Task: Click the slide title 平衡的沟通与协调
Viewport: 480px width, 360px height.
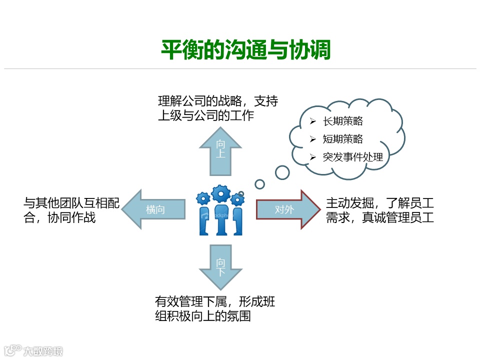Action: [245, 50]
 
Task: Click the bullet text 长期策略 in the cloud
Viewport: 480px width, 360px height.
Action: [343, 121]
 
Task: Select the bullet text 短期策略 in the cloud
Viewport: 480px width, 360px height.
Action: [343, 139]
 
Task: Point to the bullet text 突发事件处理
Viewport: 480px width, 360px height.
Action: [353, 157]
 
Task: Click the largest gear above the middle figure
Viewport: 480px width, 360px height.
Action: [220, 193]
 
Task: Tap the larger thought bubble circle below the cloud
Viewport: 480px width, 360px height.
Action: [282, 172]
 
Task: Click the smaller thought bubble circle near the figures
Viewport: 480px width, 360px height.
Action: [259, 184]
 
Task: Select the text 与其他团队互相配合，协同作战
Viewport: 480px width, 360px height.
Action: [71, 210]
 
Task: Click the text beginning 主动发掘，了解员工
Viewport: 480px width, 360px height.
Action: [379, 210]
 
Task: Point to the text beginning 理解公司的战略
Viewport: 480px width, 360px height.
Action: [217, 108]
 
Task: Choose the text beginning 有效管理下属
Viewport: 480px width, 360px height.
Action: [215, 308]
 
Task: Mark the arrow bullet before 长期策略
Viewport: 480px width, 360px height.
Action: [313, 121]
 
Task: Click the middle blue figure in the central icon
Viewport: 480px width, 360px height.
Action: [220, 220]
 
